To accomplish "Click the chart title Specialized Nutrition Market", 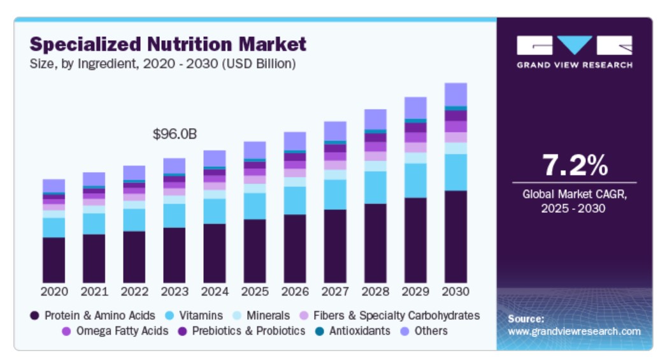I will click(168, 44).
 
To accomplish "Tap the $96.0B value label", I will click(175, 134).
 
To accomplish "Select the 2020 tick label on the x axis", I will click(54, 291).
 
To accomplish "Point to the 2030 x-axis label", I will click(455, 291).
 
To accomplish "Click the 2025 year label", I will click(255, 291).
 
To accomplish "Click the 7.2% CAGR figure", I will click(575, 166).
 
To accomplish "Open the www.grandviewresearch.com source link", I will click(574, 331).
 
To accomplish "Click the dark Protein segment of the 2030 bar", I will click(455, 236).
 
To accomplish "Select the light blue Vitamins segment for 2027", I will click(335, 194).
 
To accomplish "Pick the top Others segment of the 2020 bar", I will click(54, 185).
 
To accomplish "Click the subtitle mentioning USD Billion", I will click(162, 64).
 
